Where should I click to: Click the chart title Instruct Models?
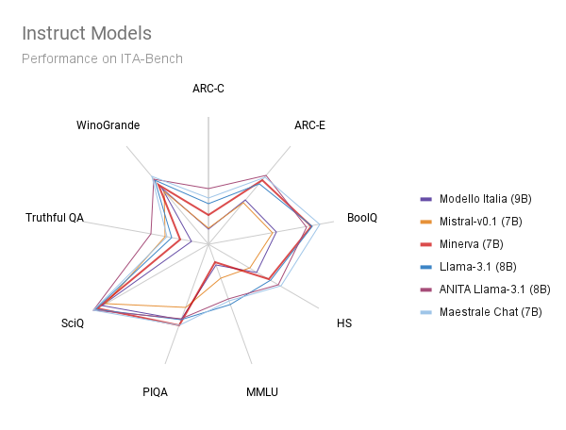(x=86, y=34)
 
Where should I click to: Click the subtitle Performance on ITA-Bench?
(x=102, y=58)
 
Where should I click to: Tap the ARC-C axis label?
(x=208, y=90)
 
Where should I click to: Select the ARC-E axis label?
(x=309, y=124)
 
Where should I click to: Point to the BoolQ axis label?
(x=362, y=218)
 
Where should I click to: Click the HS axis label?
(x=344, y=323)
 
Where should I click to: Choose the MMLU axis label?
(x=262, y=392)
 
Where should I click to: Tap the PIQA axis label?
(x=155, y=392)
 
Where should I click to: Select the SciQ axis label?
(x=72, y=323)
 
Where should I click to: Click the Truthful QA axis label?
(x=55, y=218)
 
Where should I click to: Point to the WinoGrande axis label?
(x=108, y=124)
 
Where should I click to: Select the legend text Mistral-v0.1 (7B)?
(x=481, y=222)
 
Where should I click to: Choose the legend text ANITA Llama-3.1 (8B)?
(x=494, y=289)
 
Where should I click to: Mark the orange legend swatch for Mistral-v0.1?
(x=425, y=222)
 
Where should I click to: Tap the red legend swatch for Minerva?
(x=425, y=244)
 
